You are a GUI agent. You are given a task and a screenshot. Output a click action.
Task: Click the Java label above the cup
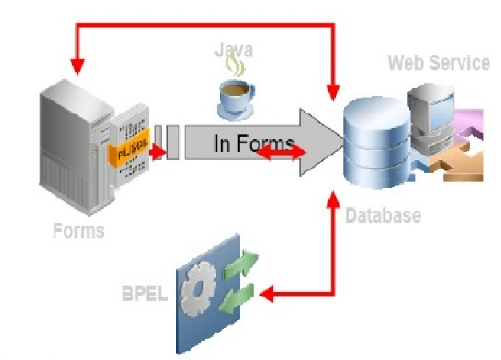point(234,50)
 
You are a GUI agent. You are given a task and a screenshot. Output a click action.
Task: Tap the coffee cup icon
point(236,94)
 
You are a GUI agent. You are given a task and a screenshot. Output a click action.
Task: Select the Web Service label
point(438,62)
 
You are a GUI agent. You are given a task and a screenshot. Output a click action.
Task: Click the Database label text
point(383,215)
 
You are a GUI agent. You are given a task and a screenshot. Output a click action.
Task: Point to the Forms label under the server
point(78,231)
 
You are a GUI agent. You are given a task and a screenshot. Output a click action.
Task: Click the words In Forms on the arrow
point(253,144)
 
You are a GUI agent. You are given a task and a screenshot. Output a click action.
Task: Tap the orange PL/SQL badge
point(129,152)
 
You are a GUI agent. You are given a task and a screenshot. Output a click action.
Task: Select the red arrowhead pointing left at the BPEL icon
point(267,294)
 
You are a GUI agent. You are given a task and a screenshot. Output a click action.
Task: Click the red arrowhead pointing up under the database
point(334,196)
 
